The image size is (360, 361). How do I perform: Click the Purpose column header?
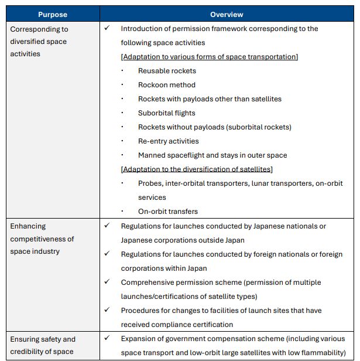53,15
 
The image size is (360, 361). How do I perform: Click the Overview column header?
227,15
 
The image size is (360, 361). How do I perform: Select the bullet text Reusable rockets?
167,71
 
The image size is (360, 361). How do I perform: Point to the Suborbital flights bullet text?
166,113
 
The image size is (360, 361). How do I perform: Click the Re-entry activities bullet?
168,141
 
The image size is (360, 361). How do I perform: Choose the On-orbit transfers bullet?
167,212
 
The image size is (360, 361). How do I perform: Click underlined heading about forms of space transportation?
209,57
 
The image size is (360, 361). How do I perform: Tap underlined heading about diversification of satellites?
197,169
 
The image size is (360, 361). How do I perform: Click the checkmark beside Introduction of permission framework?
107,28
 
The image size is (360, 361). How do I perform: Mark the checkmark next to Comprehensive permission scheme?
107,282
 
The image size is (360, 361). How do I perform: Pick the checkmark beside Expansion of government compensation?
107,338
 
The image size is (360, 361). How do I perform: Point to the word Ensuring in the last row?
26,339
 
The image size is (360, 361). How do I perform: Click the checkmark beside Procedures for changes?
107,310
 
